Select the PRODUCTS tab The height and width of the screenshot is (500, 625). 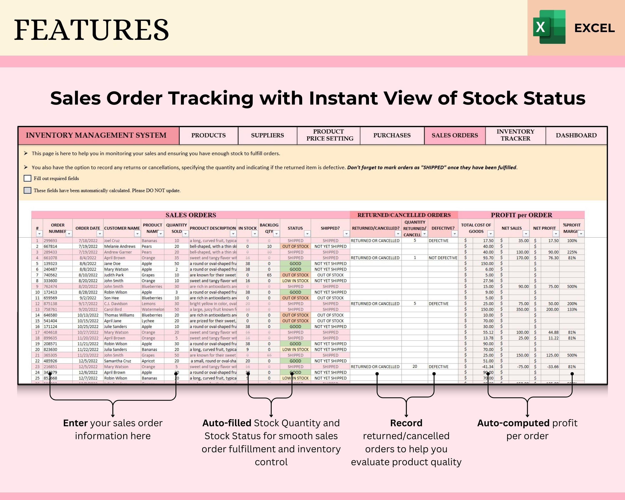(208, 135)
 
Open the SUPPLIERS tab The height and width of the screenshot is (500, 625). (267, 135)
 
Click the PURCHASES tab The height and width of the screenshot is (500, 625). (392, 135)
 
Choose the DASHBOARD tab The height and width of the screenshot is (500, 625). (576, 135)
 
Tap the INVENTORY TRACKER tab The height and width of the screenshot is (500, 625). (515, 135)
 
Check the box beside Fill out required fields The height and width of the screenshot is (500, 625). (27, 178)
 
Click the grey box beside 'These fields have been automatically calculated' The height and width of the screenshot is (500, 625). (27, 190)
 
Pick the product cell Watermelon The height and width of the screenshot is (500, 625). (153, 310)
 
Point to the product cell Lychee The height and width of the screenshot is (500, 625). (148, 321)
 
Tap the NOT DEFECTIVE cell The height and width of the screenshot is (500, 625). (443, 258)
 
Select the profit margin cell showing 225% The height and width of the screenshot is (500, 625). (572, 252)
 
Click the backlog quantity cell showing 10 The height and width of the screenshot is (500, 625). (269, 246)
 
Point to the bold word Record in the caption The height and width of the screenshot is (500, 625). (406, 423)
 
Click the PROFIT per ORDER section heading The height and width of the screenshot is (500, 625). (521, 215)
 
